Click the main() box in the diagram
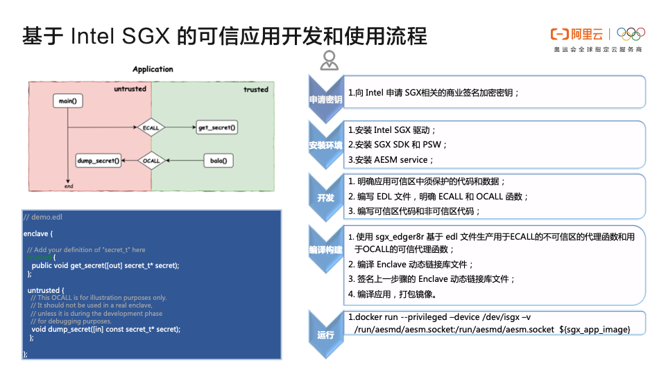click(x=67, y=101)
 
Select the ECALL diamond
click(x=151, y=128)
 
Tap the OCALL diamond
click(x=151, y=161)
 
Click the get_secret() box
click(x=216, y=128)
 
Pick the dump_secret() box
click(x=98, y=161)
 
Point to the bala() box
click(x=218, y=161)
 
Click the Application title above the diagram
click(x=153, y=69)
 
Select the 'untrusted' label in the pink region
click(x=130, y=89)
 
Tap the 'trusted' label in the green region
click(x=255, y=89)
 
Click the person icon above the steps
click(x=329, y=61)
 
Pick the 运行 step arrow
click(x=326, y=335)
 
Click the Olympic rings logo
click(x=631, y=33)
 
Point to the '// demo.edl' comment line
click(x=43, y=217)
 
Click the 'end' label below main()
click(x=69, y=186)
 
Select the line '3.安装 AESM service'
click(x=391, y=160)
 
